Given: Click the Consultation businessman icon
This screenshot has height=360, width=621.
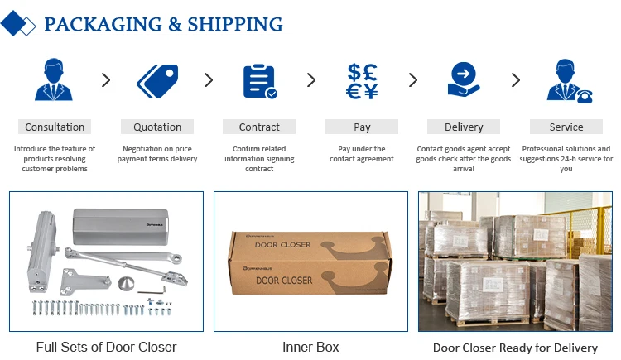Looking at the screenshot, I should tap(54, 80).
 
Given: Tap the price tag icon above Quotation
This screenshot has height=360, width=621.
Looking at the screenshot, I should tap(157, 81).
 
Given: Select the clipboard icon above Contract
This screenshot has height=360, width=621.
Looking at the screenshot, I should tap(259, 81).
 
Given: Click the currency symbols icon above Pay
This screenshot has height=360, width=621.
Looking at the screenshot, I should tap(362, 81).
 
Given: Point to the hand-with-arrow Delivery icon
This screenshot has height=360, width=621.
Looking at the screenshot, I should tap(464, 80).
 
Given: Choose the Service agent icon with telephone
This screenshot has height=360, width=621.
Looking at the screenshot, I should tap(567, 81).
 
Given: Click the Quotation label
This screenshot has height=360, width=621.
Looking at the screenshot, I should tap(157, 127).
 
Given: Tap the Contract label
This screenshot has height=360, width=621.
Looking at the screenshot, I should tap(259, 127).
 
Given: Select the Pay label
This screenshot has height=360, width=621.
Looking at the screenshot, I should tap(362, 127).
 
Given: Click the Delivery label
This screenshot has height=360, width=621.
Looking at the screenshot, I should tap(464, 127).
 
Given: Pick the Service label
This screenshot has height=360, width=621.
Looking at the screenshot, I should tap(566, 127).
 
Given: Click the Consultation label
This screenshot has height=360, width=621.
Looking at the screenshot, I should tap(55, 127).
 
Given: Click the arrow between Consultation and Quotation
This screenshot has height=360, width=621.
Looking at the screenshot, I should tap(106, 80).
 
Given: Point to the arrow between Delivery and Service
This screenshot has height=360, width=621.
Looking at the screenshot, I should tap(516, 80).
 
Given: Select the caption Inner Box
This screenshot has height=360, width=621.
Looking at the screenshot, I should tap(310, 347).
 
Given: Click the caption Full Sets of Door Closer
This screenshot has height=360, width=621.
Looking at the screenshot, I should tap(106, 347).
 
